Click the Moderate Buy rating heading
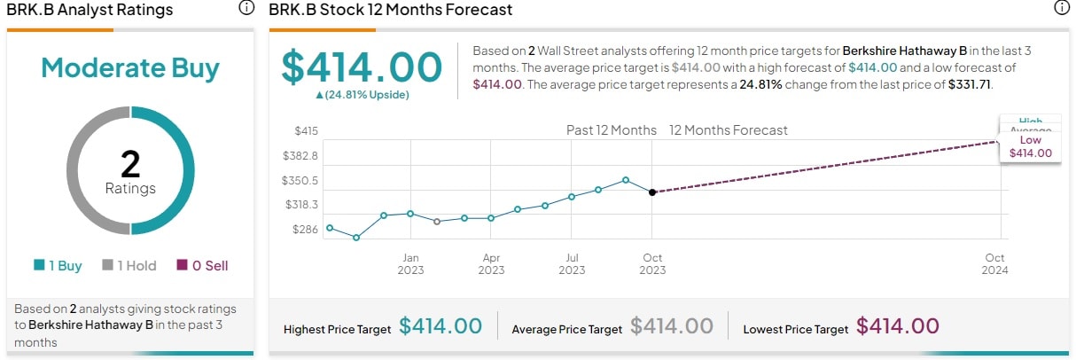(x=130, y=68)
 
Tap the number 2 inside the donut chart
(x=130, y=164)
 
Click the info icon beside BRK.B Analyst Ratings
(x=246, y=9)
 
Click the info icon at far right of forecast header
(x=1061, y=9)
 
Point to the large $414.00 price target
(x=362, y=67)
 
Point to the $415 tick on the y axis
(x=306, y=130)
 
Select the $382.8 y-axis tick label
(x=300, y=155)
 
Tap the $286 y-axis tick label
(x=306, y=229)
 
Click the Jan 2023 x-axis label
(x=410, y=263)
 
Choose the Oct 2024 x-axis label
(x=994, y=263)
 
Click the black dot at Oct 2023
(x=652, y=192)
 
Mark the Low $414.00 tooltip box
(x=1030, y=146)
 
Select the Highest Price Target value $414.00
(x=441, y=326)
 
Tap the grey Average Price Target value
(x=672, y=326)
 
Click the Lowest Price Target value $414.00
(x=897, y=326)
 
